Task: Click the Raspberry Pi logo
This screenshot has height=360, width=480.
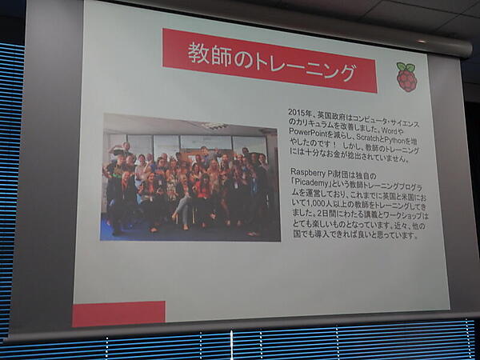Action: [x=406, y=77]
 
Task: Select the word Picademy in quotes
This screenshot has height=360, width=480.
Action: [x=316, y=182]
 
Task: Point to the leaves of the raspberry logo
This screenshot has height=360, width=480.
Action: [x=406, y=66]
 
